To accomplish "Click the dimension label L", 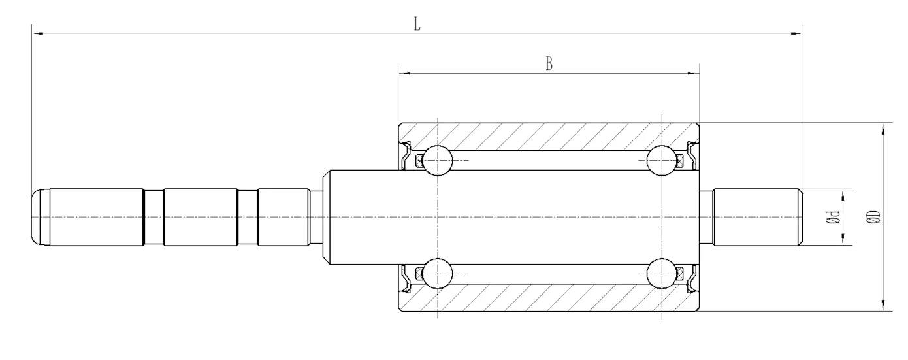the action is click(417, 24).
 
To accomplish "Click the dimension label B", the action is click(549, 63).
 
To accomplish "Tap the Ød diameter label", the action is click(833, 218).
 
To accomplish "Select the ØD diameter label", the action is click(873, 216).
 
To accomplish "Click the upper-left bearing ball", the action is click(438, 161).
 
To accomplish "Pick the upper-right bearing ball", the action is click(662, 161).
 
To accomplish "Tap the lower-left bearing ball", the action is click(438, 274).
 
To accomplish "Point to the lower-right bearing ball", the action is click(662, 274).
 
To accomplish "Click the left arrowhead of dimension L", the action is click(39, 33).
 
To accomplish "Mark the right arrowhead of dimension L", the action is click(796, 33).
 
